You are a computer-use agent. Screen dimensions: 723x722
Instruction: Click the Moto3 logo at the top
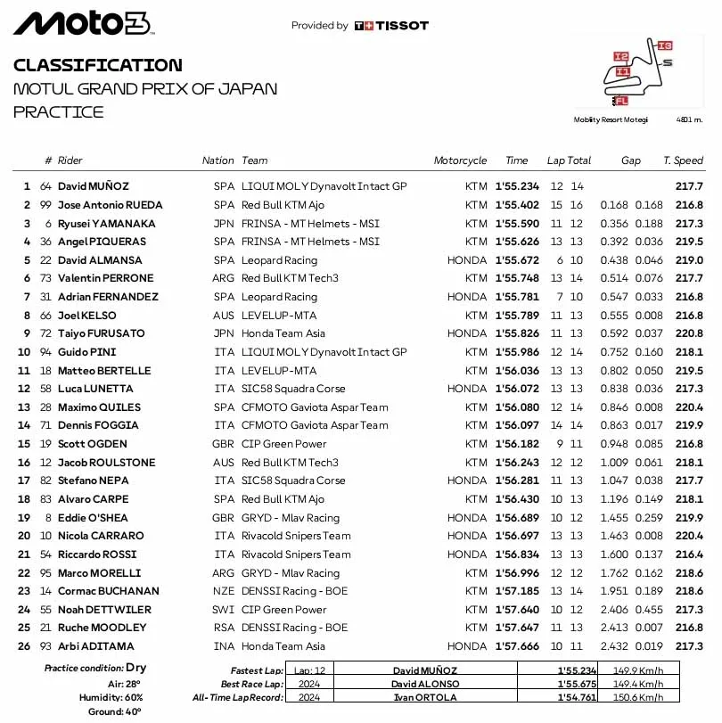pos(82,24)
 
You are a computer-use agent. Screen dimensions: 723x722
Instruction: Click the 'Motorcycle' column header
pos(460,160)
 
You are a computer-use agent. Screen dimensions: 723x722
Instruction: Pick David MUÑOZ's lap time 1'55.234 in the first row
pos(517,186)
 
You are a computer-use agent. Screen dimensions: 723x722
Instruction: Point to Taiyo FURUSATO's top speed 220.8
pos(689,333)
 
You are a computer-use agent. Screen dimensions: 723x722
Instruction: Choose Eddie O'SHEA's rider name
pos(93,518)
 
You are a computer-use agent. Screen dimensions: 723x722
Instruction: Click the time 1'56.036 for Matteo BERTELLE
pos(517,371)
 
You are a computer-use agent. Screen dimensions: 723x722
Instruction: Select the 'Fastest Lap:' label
pos(254,670)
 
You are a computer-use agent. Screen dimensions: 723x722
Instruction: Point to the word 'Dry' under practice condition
pos(136,668)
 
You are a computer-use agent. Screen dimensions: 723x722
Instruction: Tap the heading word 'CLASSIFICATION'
pos(98,65)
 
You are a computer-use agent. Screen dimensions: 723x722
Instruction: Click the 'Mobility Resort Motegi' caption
pos(611,119)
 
